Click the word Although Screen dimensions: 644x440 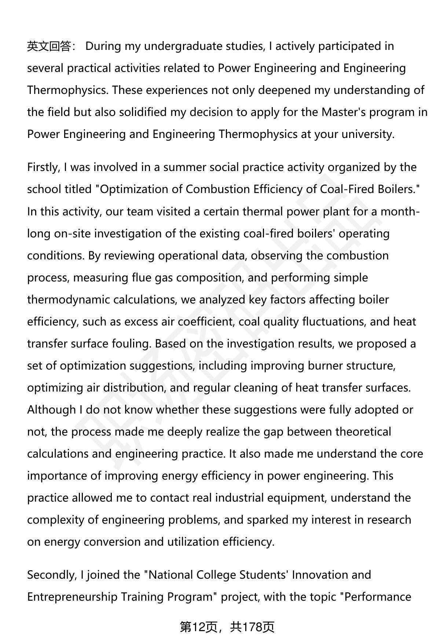point(51,410)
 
